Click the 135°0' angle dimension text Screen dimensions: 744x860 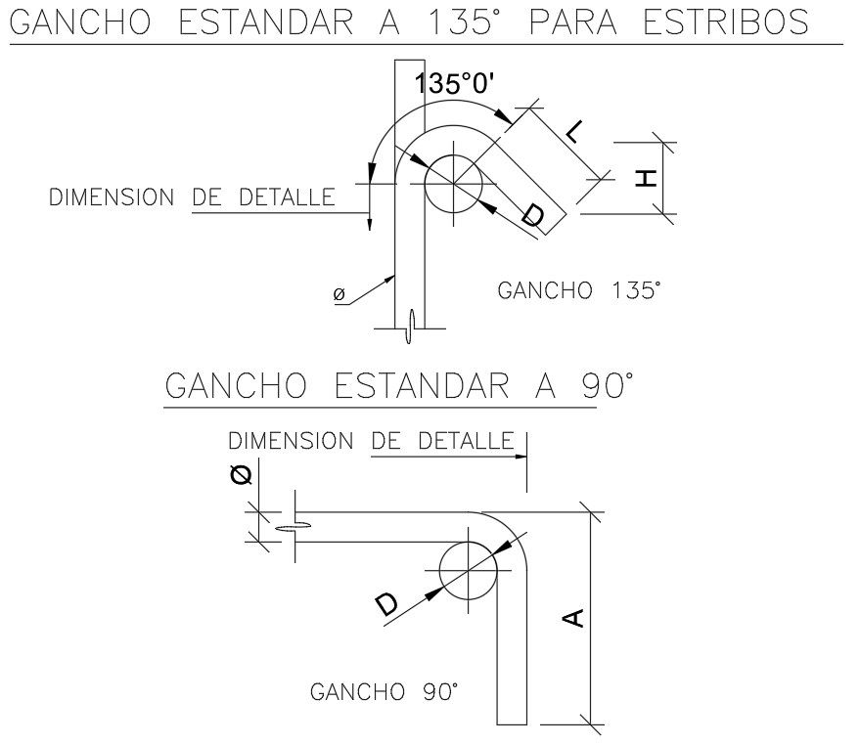point(458,84)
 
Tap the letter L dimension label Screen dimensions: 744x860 point(577,133)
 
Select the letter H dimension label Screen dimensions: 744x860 point(645,177)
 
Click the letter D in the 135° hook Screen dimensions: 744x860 point(530,215)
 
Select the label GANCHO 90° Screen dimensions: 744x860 point(384,692)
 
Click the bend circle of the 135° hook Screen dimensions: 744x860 point(454,181)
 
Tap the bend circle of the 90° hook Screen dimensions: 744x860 point(469,571)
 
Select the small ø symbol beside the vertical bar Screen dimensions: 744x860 point(339,293)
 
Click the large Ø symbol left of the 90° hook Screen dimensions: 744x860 point(242,475)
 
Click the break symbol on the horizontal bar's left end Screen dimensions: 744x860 point(294,527)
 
